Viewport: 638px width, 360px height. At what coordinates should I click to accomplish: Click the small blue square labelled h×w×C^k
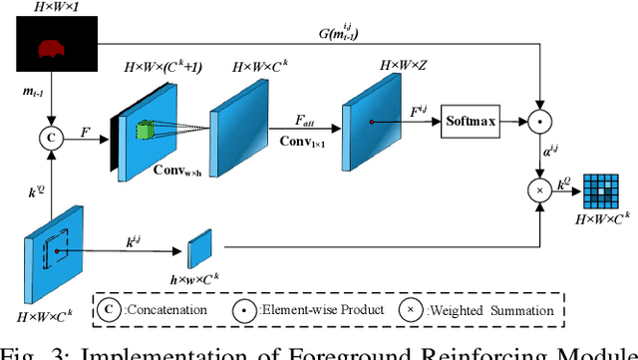(x=200, y=246)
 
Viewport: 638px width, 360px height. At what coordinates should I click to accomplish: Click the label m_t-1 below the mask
(x=36, y=93)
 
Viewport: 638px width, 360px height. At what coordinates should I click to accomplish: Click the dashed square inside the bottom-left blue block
(x=55, y=242)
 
